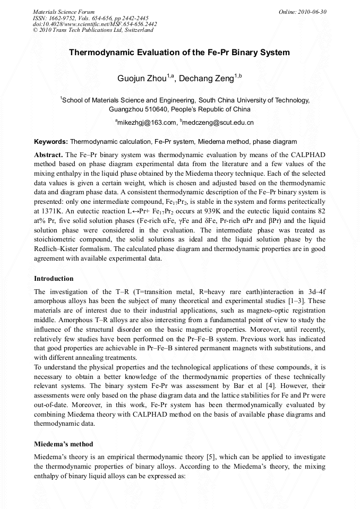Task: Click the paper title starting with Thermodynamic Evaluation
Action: [179, 53]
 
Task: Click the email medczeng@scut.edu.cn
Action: [218, 123]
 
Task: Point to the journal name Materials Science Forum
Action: [64, 12]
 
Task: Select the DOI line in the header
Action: [95, 24]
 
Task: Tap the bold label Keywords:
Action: [51, 142]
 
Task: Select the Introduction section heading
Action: [54, 279]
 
